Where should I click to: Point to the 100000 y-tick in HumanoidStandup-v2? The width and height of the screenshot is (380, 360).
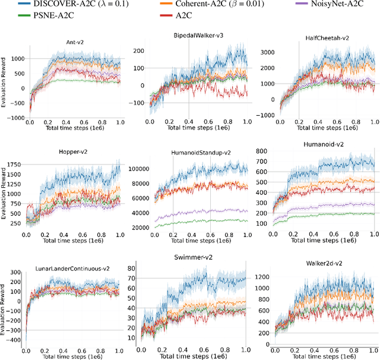[x=138, y=169]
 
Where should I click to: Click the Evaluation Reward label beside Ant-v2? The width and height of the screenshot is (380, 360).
[x=4, y=83]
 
